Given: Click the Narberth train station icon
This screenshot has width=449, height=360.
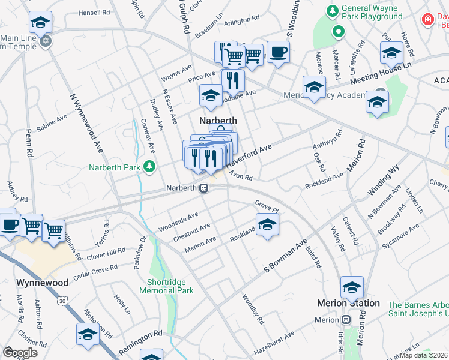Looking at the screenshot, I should pyautogui.click(x=204, y=188).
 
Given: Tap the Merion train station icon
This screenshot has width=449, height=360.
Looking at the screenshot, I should pyautogui.click(x=346, y=320).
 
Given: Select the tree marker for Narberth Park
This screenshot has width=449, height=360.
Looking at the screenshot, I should pyautogui.click(x=149, y=167).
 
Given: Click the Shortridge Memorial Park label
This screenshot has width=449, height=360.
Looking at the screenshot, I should pyautogui.click(x=166, y=286).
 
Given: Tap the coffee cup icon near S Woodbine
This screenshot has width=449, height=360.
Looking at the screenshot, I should pyautogui.click(x=277, y=52).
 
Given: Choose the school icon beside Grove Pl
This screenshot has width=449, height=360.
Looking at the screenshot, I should pyautogui.click(x=267, y=226).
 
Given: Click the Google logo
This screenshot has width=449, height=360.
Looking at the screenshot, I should pyautogui.click(x=20, y=352).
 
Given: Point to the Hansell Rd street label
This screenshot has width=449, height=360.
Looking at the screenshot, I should pyautogui.click(x=94, y=12).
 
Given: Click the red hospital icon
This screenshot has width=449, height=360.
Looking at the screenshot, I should pyautogui.click(x=427, y=19).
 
